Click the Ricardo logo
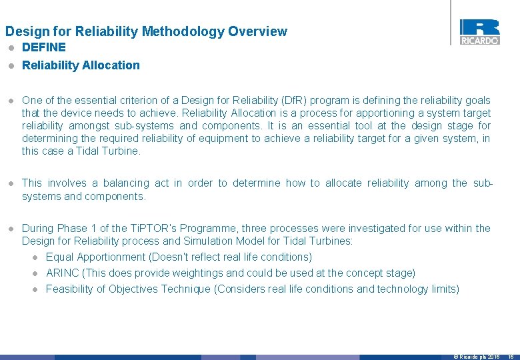[479, 31]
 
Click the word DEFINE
[44, 47]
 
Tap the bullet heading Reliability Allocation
[81, 65]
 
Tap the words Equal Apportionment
[96, 257]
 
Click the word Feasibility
[69, 289]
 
